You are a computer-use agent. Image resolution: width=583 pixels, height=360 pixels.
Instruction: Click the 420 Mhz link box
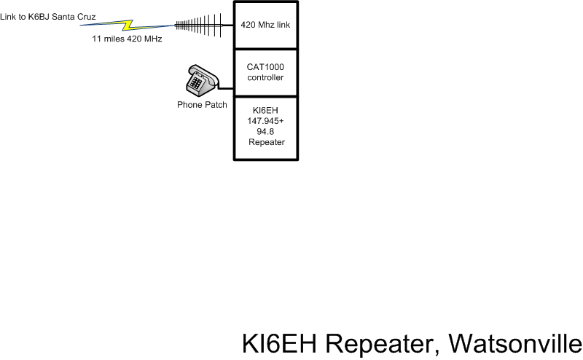(266, 24)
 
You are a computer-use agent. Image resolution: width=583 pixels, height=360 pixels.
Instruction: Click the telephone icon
(200, 79)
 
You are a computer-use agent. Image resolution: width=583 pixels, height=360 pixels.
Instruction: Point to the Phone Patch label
(202, 105)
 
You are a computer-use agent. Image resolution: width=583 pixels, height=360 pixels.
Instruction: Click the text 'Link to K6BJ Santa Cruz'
(48, 16)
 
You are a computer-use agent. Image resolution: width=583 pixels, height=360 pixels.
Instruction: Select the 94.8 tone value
(266, 133)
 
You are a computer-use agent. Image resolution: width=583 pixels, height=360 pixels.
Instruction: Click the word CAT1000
(266, 66)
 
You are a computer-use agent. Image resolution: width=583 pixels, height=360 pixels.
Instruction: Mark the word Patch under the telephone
(216, 105)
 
